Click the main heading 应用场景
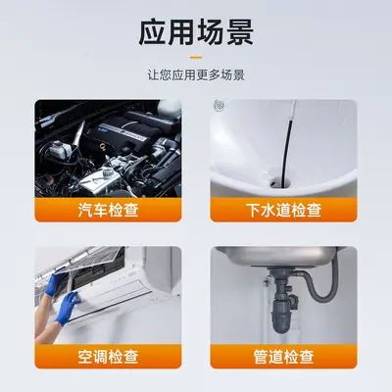click(x=196, y=32)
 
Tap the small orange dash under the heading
click(x=196, y=58)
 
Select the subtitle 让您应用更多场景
click(x=196, y=75)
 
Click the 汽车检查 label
click(x=108, y=210)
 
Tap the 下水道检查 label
click(x=283, y=210)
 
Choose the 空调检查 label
click(x=108, y=357)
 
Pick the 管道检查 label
click(x=283, y=357)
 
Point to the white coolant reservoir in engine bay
click(x=61, y=150)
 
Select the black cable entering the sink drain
click(x=287, y=144)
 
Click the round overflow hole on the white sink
click(x=219, y=105)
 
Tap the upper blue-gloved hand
click(x=56, y=281)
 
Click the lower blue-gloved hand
click(x=67, y=308)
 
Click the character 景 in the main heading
click(x=240, y=32)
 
